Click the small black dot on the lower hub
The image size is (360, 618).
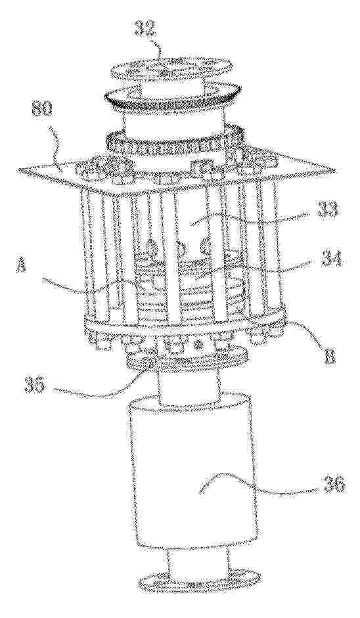[x=199, y=345]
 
